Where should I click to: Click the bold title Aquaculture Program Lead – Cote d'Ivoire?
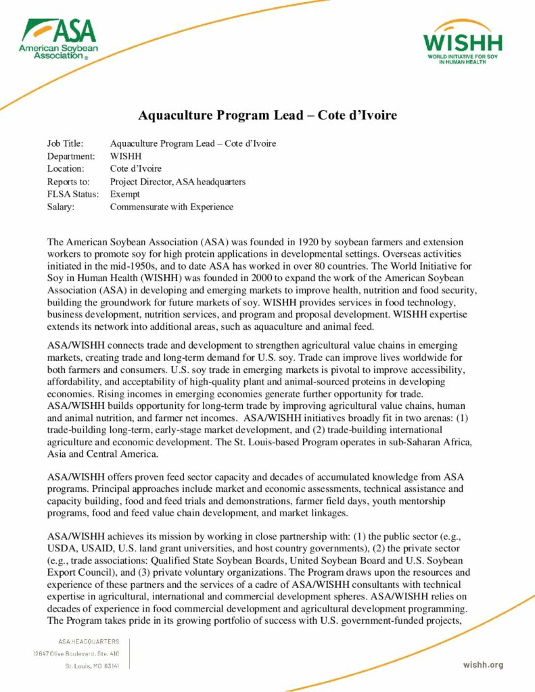pos(267,116)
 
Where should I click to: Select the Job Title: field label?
pos(65,143)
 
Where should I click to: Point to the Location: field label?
pos(66,169)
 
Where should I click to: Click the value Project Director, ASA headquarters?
pos(177,182)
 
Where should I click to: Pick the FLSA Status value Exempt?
pos(126,195)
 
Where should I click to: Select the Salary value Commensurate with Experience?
pos(171,207)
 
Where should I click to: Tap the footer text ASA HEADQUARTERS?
pos(86,641)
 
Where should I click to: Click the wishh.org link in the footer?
pos(483,665)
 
